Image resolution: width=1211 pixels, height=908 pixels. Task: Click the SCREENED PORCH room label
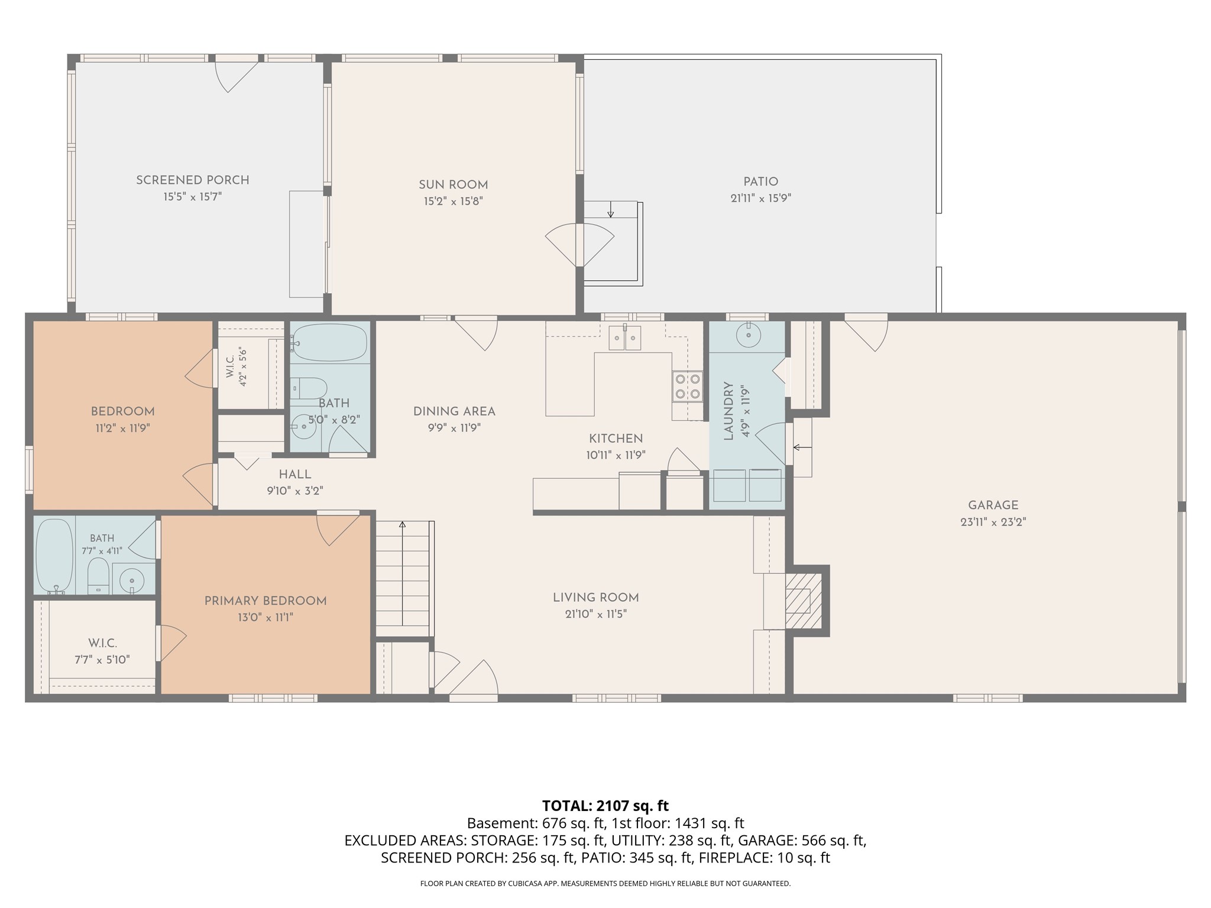[193, 180]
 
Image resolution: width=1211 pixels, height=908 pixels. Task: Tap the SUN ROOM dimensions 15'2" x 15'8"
[454, 201]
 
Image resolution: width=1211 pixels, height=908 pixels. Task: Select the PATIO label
[760, 182]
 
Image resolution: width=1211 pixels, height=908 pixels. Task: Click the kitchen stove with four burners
[687, 387]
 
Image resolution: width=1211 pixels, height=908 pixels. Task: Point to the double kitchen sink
[625, 338]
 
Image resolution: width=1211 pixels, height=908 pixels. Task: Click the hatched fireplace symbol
[804, 601]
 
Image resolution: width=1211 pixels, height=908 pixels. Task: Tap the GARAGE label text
[993, 505]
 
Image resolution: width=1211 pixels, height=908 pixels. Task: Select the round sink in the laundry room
[749, 336]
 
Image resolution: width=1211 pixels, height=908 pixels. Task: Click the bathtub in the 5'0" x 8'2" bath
[329, 343]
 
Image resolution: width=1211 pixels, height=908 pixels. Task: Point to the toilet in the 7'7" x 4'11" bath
[98, 576]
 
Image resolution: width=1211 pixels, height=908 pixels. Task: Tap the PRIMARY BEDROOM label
[265, 601]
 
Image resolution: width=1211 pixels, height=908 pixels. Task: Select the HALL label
[295, 474]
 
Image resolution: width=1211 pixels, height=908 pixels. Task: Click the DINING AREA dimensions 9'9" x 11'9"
[454, 428]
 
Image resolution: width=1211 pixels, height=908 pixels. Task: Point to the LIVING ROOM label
[596, 598]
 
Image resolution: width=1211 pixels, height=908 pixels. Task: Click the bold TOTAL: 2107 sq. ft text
[605, 805]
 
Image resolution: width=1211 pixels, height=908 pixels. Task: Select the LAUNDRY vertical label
[728, 411]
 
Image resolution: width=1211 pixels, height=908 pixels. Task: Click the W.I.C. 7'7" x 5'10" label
[102, 651]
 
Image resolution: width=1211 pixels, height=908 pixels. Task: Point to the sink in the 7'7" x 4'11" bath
[131, 580]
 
